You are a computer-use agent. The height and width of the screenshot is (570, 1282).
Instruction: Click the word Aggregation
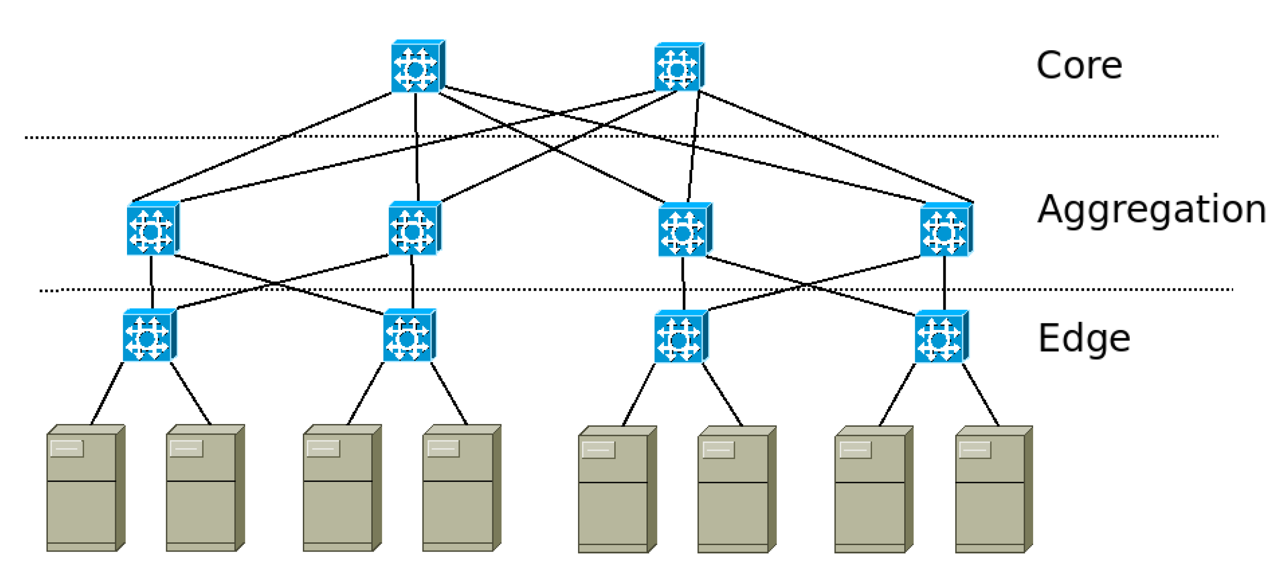pyautogui.click(x=1151, y=209)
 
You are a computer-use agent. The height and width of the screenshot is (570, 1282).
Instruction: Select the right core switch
pyautogui.click(x=679, y=67)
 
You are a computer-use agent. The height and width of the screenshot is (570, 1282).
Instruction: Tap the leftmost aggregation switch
pyautogui.click(x=152, y=229)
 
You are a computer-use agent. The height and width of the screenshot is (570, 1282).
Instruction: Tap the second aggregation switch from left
pyautogui.click(x=414, y=229)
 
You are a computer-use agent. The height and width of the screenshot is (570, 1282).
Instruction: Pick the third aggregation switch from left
pyautogui.click(x=684, y=230)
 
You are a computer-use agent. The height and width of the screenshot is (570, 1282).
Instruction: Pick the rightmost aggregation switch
pyautogui.click(x=946, y=230)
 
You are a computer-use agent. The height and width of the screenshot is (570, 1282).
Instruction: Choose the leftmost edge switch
pyautogui.click(x=149, y=336)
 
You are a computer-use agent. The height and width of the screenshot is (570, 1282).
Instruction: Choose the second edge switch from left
pyautogui.click(x=409, y=336)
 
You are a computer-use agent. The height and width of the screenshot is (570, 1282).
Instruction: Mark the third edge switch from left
pyautogui.click(x=680, y=337)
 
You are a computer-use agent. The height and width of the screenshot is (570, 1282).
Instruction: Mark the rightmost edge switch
pyautogui.click(x=941, y=337)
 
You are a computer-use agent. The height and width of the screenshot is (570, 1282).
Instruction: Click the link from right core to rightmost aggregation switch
pyautogui.click(x=836, y=147)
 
